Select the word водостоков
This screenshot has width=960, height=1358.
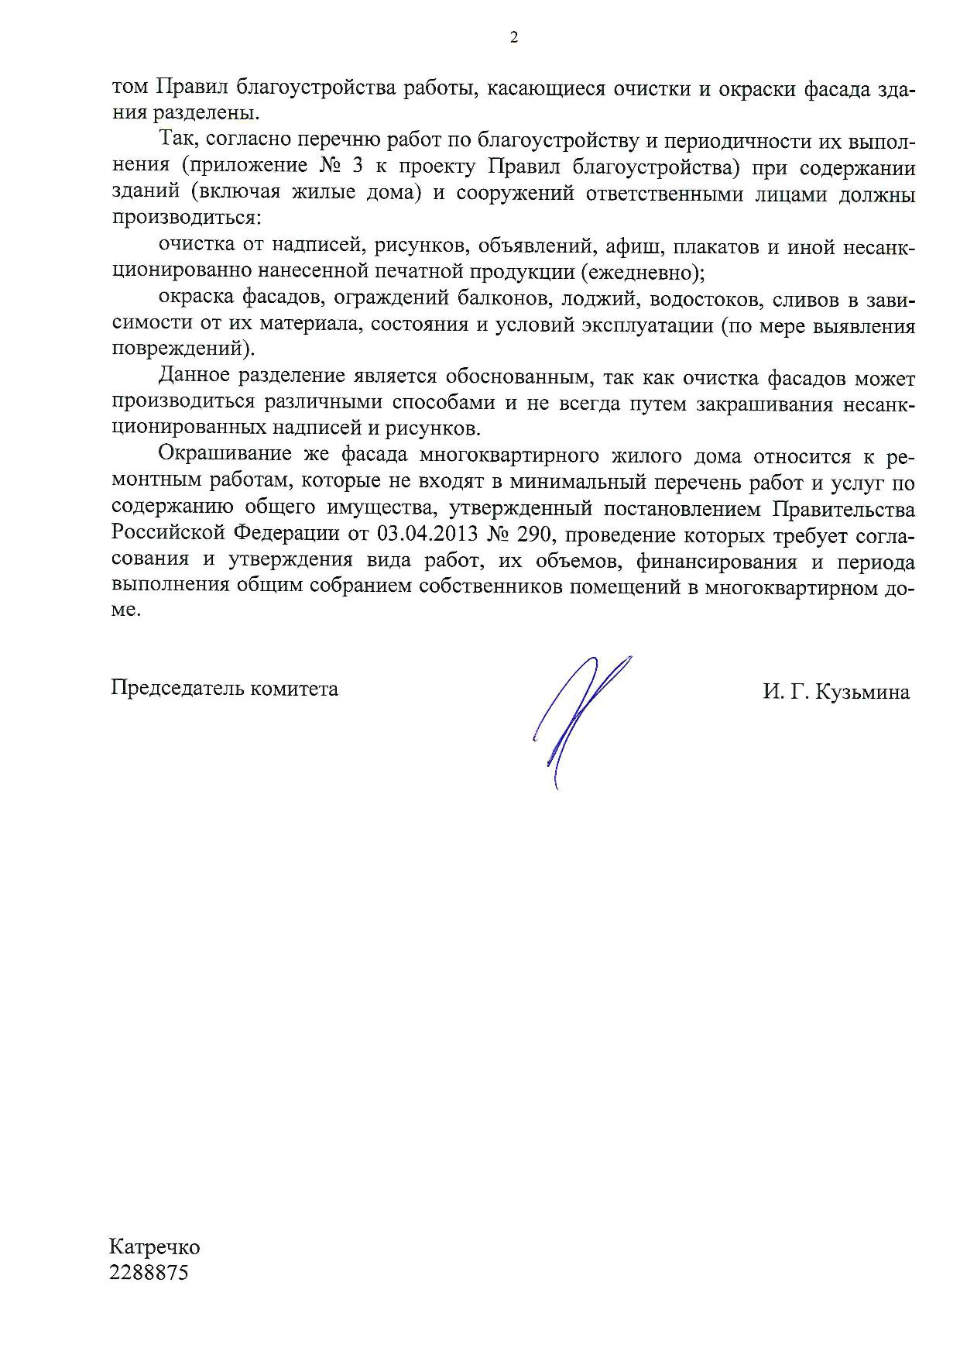tap(703, 299)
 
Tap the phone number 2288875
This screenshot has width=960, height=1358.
tap(149, 1273)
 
